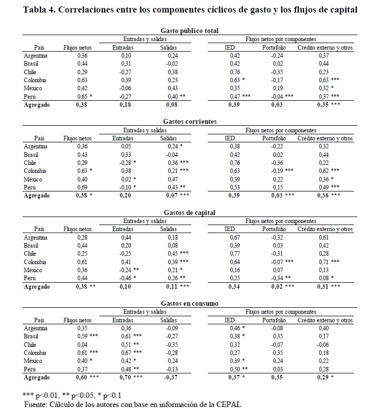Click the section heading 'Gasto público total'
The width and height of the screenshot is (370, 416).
pos(190,31)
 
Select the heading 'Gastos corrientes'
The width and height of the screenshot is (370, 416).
pos(190,122)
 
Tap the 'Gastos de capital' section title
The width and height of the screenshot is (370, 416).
pos(190,213)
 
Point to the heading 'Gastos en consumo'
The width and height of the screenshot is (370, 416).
pos(190,304)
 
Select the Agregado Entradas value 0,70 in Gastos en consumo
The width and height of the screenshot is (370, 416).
pos(129,377)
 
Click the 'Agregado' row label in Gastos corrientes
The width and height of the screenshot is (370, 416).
pos(37,195)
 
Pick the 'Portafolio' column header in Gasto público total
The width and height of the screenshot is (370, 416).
pos(274,48)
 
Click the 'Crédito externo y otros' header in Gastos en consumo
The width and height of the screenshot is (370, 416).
pos(325,320)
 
